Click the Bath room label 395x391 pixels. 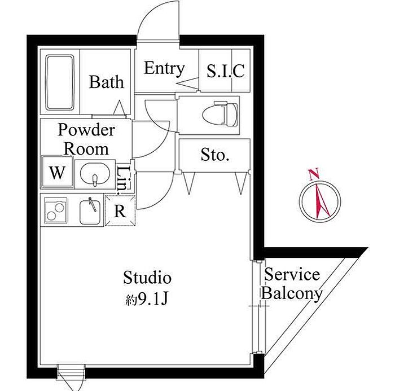pos(107,82)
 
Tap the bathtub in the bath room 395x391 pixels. pos(60,83)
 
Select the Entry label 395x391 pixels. pos(164,69)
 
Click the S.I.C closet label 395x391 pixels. pos(225,71)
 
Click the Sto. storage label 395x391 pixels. pos(214,155)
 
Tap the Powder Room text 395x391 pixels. pos(86,139)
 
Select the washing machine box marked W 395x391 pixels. pos(57,173)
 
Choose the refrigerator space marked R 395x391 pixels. pos(120,212)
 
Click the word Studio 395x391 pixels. pos(147,278)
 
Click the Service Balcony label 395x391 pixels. pos(292,284)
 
